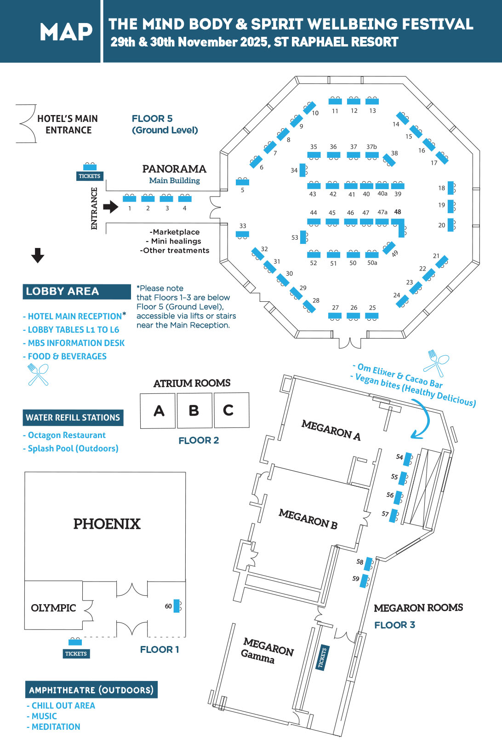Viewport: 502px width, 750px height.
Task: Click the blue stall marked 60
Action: [177, 606]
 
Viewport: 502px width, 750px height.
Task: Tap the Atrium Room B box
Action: [194, 410]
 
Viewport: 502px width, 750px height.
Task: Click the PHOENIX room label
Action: [107, 524]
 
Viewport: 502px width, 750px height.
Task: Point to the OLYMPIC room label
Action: [53, 608]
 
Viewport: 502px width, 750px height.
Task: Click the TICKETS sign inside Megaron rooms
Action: [323, 658]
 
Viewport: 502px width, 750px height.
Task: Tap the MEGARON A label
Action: [331, 430]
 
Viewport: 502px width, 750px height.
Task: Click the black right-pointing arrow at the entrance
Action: [111, 207]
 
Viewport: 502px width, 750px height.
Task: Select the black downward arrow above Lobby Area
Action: [38, 255]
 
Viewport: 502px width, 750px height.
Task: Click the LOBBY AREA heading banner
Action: [77, 292]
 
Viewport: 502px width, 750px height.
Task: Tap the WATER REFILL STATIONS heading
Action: [73, 418]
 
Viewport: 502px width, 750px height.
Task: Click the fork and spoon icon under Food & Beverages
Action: [38, 374]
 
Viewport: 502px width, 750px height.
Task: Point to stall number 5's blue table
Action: [242, 182]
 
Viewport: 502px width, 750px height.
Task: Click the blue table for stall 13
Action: [372, 101]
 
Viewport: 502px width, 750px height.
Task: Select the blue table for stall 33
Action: [242, 234]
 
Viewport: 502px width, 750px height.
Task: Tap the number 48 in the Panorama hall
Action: [398, 212]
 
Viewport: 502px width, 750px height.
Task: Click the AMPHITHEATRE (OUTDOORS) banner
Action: [91, 690]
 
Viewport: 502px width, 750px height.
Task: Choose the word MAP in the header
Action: [66, 32]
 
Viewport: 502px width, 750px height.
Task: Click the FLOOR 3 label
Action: [394, 625]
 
